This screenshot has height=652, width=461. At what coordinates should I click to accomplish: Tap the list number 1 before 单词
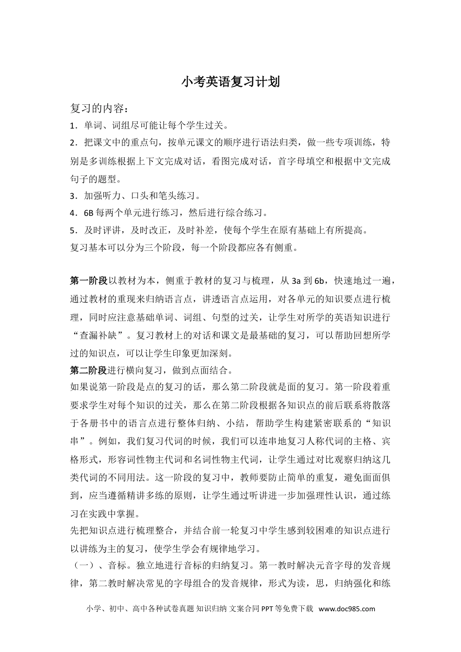pos(72,126)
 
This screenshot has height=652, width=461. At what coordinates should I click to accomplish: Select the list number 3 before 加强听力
pos(72,196)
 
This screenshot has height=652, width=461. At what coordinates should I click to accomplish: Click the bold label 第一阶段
pos(88,281)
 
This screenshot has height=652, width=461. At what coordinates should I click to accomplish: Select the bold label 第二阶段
pos(88,371)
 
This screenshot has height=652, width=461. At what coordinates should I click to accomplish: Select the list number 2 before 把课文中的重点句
pos(72,143)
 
